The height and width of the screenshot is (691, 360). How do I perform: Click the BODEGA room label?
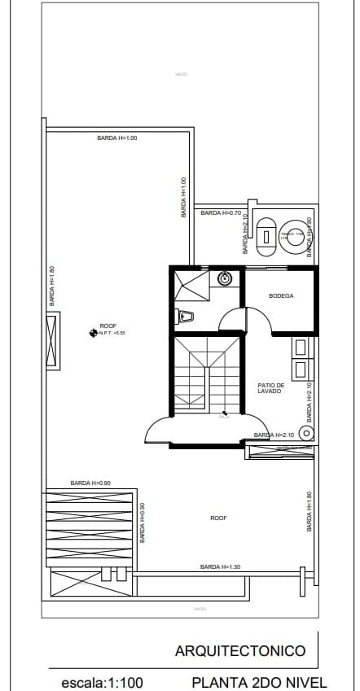click(x=281, y=295)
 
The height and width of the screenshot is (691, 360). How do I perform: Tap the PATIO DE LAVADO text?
click(x=270, y=388)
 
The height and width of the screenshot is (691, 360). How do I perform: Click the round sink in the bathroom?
click(x=226, y=279)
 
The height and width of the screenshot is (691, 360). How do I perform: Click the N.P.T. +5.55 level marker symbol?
click(x=93, y=332)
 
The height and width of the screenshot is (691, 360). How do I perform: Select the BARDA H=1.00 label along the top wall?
click(x=117, y=138)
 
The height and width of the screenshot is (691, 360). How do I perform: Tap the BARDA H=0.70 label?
click(x=221, y=212)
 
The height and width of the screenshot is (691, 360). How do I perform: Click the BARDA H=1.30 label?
click(x=220, y=566)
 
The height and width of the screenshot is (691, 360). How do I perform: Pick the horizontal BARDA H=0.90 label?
click(x=90, y=483)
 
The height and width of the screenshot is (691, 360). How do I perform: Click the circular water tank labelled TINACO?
click(x=292, y=236)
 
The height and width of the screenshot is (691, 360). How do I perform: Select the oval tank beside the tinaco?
click(x=266, y=236)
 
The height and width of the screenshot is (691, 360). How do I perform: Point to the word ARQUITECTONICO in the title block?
click(x=240, y=650)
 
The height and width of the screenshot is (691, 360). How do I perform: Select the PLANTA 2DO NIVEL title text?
click(x=259, y=683)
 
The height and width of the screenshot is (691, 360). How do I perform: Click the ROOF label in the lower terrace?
click(x=218, y=518)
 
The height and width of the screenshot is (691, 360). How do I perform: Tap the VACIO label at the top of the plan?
click(x=181, y=74)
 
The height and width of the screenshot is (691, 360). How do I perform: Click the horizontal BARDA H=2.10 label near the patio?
click(x=274, y=435)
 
